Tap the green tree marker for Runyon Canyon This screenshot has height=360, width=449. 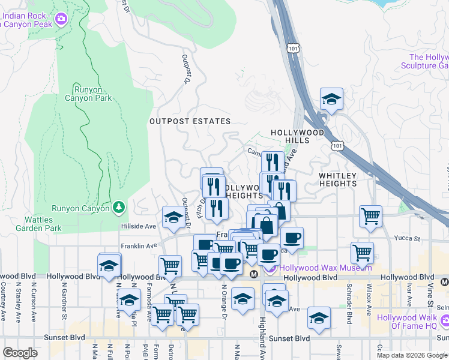coord(119,208)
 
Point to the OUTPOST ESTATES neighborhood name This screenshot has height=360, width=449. coord(190,121)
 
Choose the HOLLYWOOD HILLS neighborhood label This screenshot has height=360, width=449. coord(297,136)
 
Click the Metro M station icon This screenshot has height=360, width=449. coord(254,274)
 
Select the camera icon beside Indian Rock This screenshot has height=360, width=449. coord(60,20)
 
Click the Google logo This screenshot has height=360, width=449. coord(20,353)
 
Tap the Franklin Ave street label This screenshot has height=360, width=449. coord(139,246)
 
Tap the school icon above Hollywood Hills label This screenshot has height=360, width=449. coord(331,100)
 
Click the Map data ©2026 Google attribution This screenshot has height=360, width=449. coord(412,355)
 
